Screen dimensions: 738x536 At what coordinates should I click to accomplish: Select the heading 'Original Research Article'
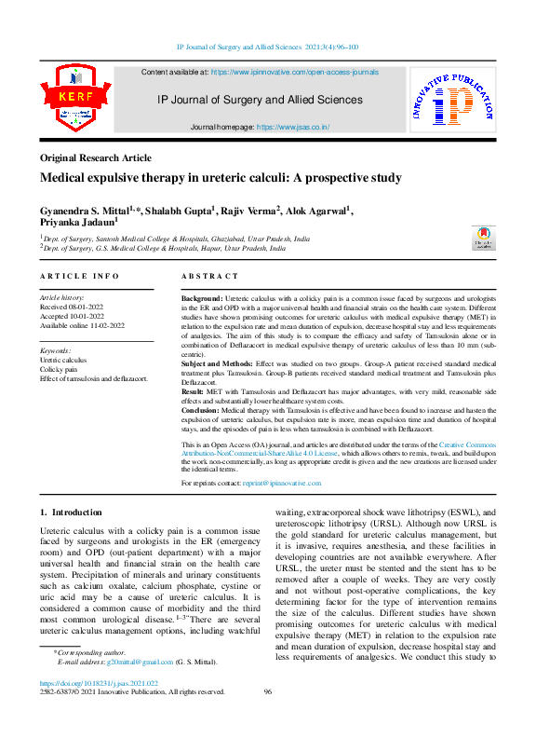(95, 158)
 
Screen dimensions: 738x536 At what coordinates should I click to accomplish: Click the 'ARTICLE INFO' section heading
(79, 277)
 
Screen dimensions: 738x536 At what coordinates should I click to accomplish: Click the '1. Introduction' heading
(71, 512)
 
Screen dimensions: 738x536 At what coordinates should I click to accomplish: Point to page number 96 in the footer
(267, 691)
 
